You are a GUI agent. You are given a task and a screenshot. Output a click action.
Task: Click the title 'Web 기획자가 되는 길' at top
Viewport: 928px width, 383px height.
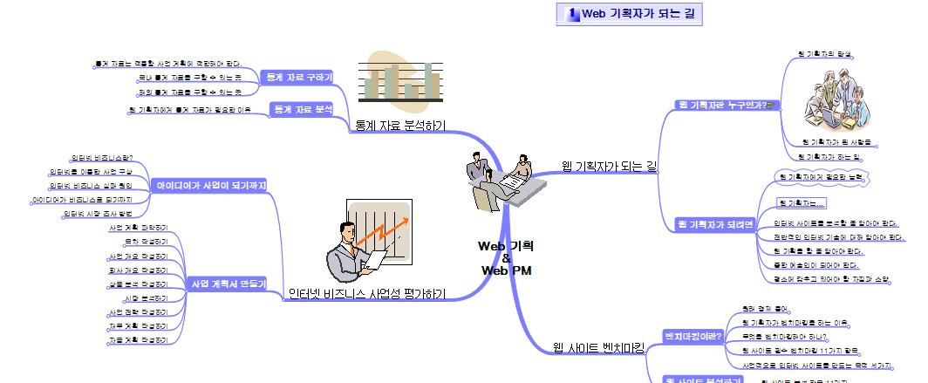637,13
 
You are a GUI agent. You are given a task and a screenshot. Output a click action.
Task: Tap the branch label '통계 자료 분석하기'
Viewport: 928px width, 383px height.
399,127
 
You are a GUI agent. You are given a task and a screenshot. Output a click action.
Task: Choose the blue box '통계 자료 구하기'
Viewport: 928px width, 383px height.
298,78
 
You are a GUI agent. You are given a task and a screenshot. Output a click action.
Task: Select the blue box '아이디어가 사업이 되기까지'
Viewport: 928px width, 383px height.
209,185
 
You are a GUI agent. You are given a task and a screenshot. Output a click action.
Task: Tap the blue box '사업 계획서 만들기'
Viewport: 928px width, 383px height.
229,284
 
